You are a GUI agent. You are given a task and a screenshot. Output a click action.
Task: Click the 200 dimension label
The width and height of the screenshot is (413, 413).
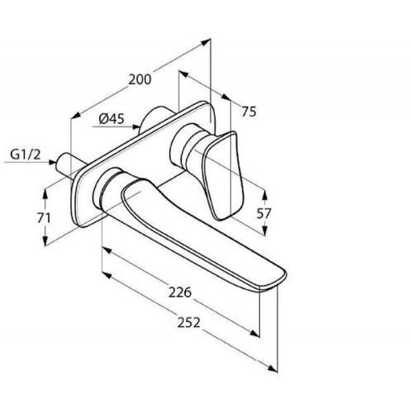pos(140,79)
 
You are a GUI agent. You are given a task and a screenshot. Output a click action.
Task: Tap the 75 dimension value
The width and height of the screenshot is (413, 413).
pos(249,112)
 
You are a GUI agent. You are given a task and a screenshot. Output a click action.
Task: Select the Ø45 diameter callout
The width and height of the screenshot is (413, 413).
pos(112,119)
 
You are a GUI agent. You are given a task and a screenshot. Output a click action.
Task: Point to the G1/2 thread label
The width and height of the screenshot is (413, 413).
pos(26,154)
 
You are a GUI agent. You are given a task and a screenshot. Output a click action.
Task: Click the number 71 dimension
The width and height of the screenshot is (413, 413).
pos(44,218)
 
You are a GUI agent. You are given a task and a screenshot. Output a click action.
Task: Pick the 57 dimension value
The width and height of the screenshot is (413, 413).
pos(263,213)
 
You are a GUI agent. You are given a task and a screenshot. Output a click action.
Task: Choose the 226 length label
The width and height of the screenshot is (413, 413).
pos(180,292)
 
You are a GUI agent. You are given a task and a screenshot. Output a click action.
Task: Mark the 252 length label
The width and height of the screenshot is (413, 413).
pos(188,322)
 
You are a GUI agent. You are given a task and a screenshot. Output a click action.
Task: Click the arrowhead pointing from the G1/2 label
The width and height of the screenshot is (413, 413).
pos(52,162)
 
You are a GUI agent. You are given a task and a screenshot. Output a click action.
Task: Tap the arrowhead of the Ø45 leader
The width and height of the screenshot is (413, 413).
pos(136,126)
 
